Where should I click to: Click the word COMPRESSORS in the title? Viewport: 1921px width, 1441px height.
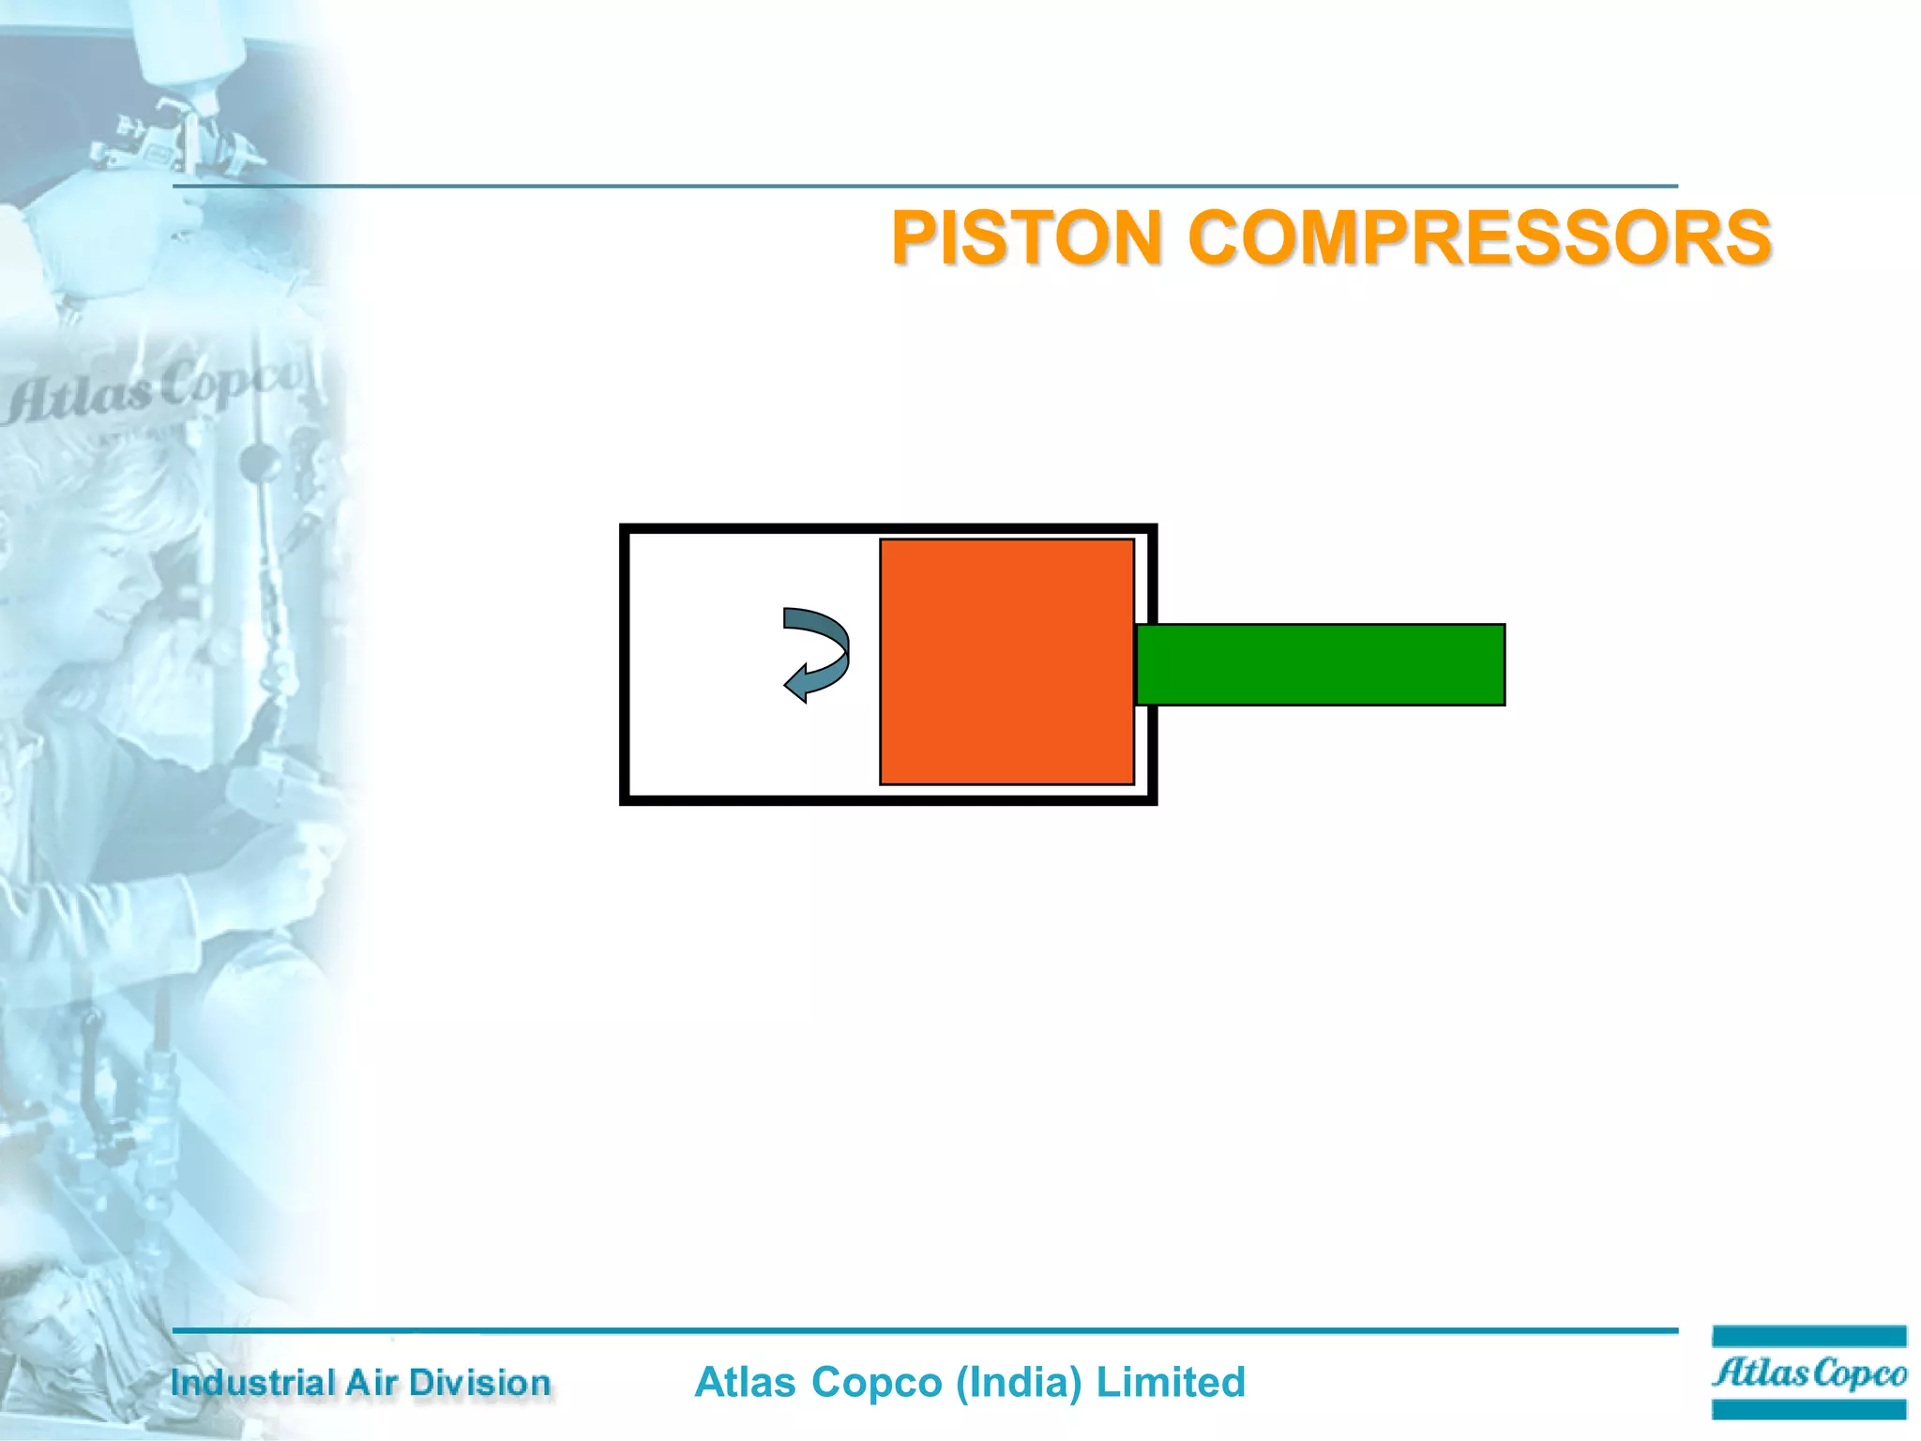pos(1480,237)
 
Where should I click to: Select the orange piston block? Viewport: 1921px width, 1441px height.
pos(1006,661)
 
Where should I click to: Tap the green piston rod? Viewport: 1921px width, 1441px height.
pos(1320,664)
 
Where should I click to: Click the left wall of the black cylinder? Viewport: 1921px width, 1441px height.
pos(625,664)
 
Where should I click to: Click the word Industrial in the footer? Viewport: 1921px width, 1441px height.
pos(252,1383)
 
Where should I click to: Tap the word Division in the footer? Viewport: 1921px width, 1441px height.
pos(479,1383)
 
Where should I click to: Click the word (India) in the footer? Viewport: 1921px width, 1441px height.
pos(1019,1383)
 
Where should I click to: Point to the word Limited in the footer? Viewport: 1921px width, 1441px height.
pos(1171,1383)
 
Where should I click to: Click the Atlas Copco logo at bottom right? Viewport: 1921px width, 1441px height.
pos(1808,1373)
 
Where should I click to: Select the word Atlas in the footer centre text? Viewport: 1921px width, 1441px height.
pos(746,1383)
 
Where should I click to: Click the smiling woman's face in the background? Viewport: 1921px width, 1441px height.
pos(103,572)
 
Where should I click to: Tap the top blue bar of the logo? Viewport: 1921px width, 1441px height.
pos(1808,1336)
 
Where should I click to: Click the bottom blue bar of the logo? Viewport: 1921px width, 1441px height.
pos(1808,1409)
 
